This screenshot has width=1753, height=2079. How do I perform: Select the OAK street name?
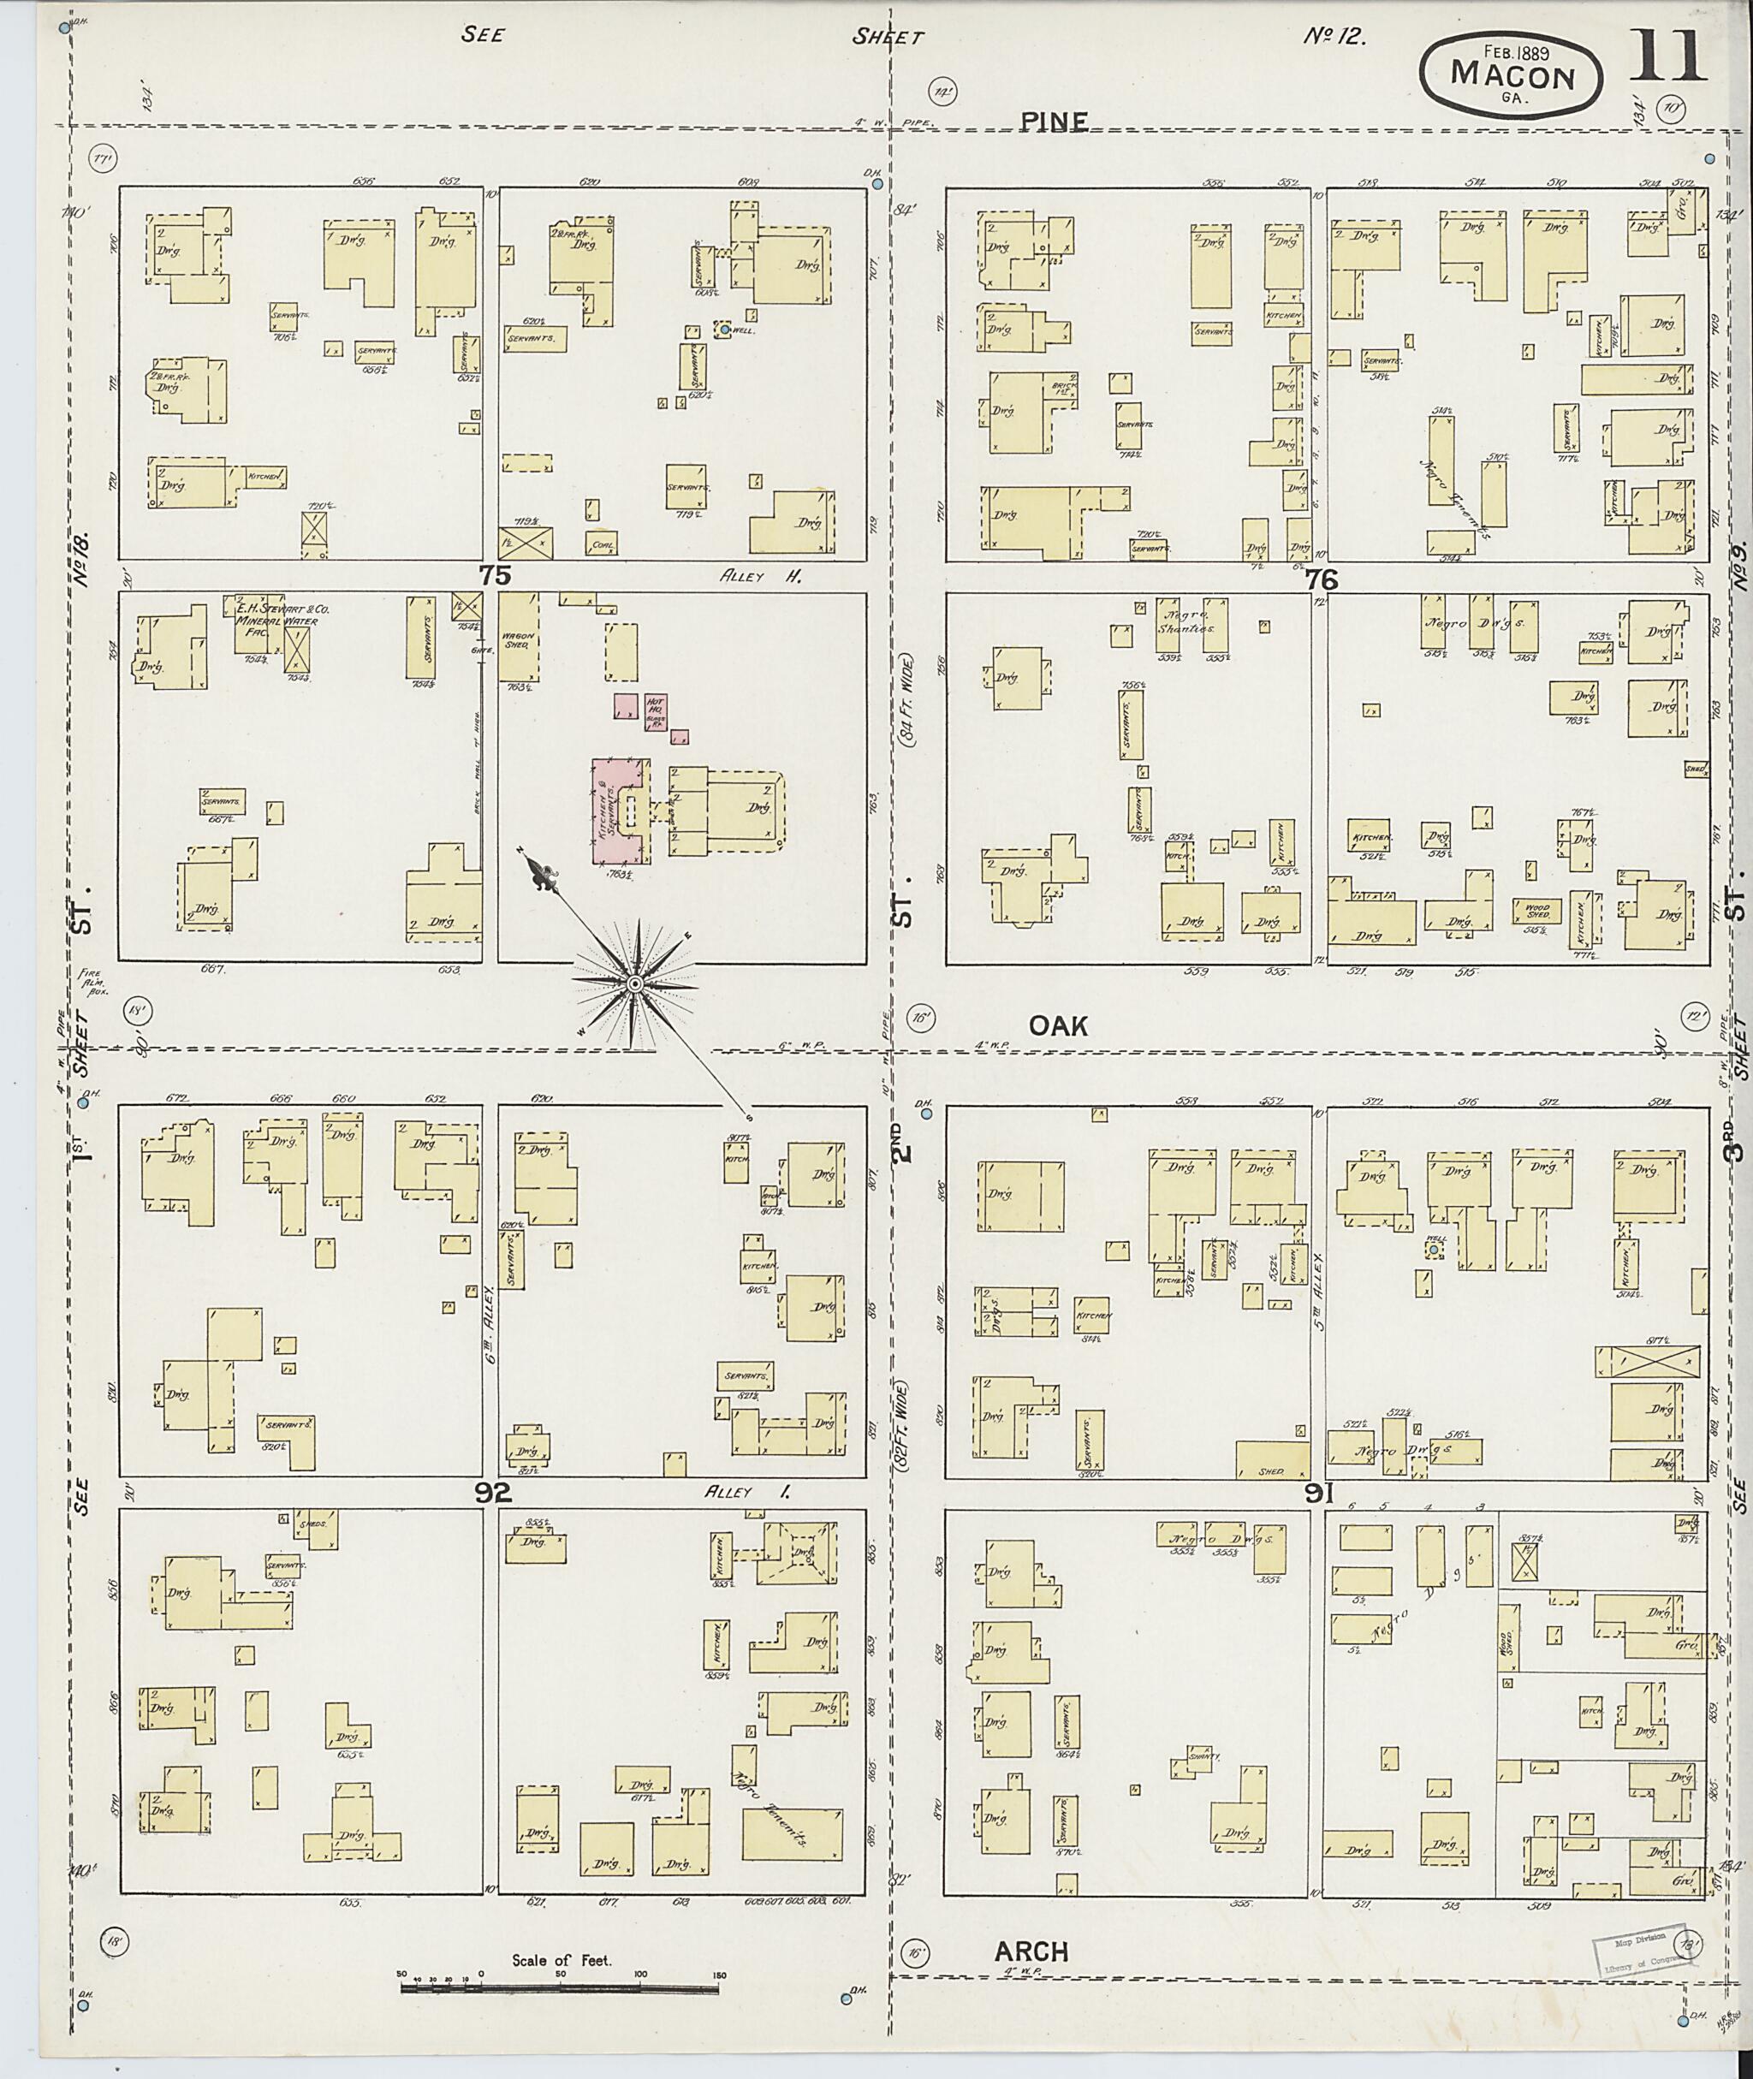(x=1057, y=1025)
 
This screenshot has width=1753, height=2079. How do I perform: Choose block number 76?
(x=1323, y=579)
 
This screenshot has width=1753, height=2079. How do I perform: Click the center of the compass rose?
(x=634, y=983)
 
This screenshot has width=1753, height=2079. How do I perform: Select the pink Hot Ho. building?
(x=656, y=711)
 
